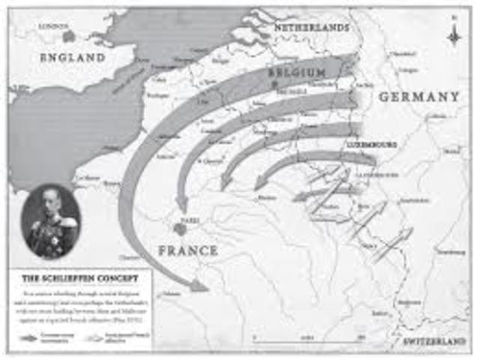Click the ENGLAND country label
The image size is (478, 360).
tap(72, 57)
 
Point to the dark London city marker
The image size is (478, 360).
tap(69, 35)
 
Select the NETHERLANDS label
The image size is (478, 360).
tap(312, 27)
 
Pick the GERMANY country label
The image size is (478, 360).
tap(418, 97)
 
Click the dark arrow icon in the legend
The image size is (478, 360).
tap(28, 338)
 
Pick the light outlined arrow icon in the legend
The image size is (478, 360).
tap(94, 338)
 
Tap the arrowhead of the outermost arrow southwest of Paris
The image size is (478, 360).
tap(200, 285)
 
